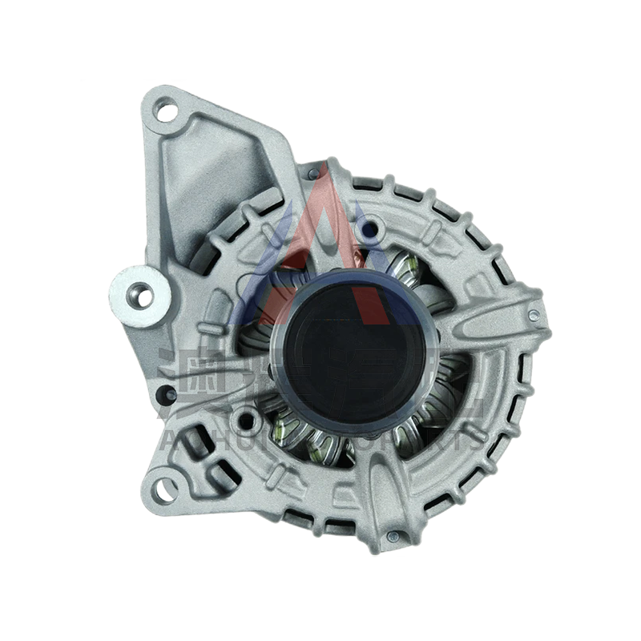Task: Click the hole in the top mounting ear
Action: pyautogui.click(x=166, y=111)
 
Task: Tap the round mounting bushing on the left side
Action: pyautogui.click(x=142, y=296)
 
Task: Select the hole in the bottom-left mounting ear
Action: pyautogui.click(x=164, y=487)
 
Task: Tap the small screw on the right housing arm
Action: pyautogui.click(x=533, y=316)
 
